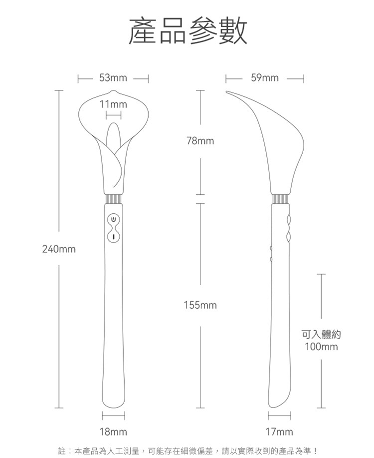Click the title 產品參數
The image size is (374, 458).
click(187, 30)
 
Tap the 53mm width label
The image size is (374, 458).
click(113, 78)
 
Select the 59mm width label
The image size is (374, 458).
click(265, 78)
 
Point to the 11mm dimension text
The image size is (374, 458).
click(113, 104)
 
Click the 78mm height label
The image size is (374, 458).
click(200, 141)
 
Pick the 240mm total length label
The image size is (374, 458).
click(59, 249)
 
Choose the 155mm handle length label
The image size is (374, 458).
click(200, 305)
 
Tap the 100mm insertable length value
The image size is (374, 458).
click(321, 347)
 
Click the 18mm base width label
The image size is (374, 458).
click(113, 432)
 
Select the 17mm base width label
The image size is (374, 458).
click(279, 432)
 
